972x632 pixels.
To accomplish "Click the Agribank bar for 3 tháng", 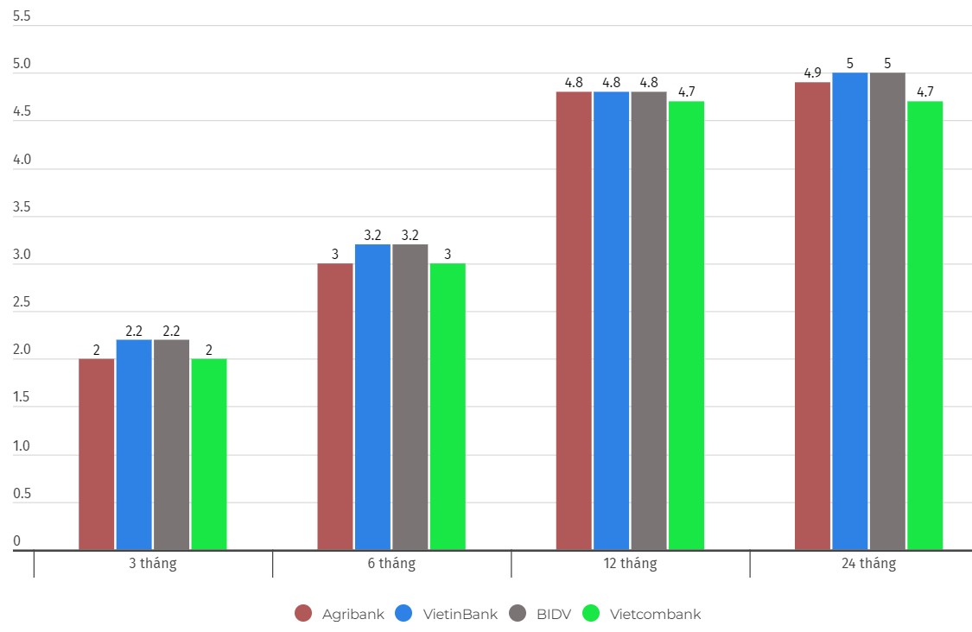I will (96, 454).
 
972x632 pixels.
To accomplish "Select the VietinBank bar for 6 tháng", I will (372, 397).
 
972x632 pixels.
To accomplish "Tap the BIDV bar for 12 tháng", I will (648, 320).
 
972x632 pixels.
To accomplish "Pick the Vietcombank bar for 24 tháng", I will (924, 325).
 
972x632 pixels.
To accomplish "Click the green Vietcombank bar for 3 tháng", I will (208, 454).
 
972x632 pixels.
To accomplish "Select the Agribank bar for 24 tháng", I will (812, 316).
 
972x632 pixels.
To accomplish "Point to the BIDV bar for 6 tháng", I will (410, 397).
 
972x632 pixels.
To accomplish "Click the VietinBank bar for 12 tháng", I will (611, 320).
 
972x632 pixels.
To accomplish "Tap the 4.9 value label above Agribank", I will (812, 73).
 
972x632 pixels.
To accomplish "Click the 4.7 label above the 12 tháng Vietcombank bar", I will (686, 92).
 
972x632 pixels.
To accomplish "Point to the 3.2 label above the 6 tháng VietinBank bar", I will (372, 235).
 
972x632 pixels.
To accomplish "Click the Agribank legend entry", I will (340, 614).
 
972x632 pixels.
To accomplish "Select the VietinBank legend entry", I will (447, 614).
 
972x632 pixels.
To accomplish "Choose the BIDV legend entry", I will (541, 614).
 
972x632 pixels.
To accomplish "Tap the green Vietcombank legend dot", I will (591, 614).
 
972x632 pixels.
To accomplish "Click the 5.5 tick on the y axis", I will (22, 17).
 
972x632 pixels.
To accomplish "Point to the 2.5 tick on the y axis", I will (22, 303).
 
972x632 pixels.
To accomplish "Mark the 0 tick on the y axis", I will (16, 541).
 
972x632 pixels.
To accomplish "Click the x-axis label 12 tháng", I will (630, 564).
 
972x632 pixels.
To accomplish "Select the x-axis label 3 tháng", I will (152, 564).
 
